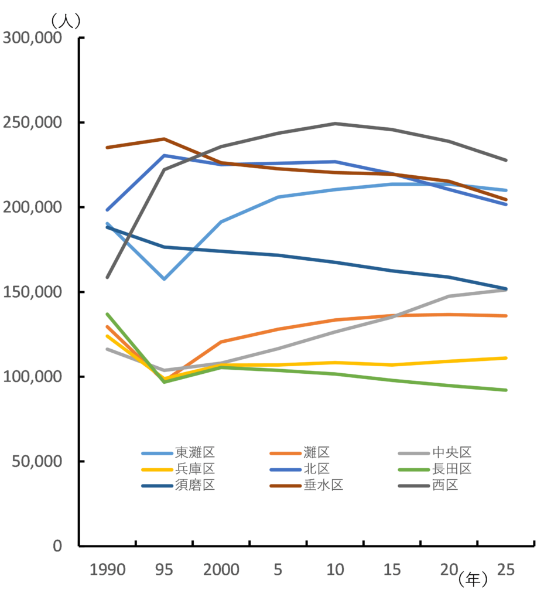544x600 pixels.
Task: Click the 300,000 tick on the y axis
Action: [x=32, y=38]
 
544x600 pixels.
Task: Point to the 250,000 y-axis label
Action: [x=32, y=123]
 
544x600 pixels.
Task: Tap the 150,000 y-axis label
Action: [x=32, y=292]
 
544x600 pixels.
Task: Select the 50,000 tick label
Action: [x=36, y=462]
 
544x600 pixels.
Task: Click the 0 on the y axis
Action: [x=57, y=546]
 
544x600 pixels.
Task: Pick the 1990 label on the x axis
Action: [x=107, y=570]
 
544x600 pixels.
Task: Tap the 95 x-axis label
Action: [x=164, y=570]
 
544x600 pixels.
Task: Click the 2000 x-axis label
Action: [x=221, y=570]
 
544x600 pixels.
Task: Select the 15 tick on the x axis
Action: [x=392, y=570]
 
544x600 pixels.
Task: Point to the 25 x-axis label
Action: [x=505, y=570]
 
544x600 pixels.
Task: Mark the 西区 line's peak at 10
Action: [x=335, y=123]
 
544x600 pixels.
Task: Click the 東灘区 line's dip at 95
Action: [x=165, y=279]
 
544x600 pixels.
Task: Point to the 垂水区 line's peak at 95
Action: [x=165, y=139]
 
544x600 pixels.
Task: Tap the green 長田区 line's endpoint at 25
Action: [x=506, y=390]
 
